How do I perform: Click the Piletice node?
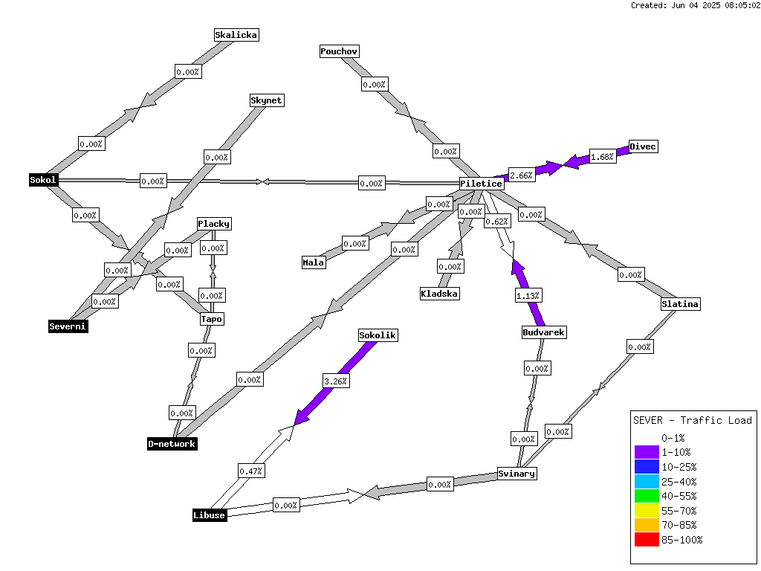coord(481,184)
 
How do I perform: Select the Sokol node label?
coord(43,180)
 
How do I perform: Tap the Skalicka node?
coord(236,35)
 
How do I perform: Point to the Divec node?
coord(643,146)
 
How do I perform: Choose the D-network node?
coord(172,444)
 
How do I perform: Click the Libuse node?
coord(209,515)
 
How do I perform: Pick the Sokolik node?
coord(378,335)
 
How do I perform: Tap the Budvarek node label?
coord(543,332)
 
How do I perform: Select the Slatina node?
coord(680,304)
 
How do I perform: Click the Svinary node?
coord(516,474)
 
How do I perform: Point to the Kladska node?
coord(439,294)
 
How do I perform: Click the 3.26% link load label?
coord(336,381)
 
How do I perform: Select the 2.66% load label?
coord(521,175)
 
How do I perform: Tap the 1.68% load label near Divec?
coord(602,157)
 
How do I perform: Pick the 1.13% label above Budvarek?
coord(528,296)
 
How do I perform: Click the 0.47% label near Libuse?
coord(251,471)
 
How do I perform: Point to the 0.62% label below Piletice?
coord(497,222)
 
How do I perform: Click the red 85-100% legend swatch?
coord(647,540)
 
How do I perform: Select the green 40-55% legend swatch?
coord(647,496)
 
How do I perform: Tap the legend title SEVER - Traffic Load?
coord(693,421)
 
